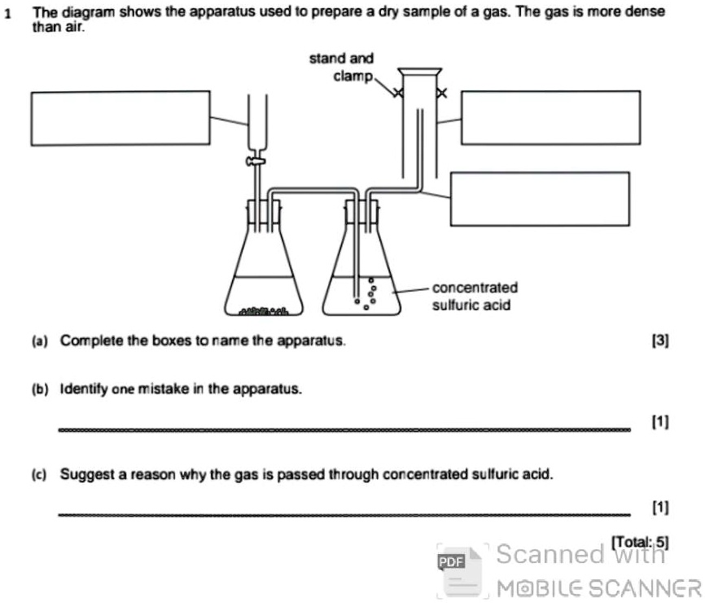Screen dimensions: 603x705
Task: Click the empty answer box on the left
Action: click(x=120, y=118)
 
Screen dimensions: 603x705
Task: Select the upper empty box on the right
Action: click(x=550, y=118)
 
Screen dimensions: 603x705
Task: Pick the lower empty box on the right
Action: click(x=539, y=199)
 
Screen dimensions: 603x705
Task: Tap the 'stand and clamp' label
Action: click(x=341, y=67)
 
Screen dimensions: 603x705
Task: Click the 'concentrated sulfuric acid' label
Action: click(x=474, y=297)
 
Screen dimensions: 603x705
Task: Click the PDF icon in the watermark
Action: click(x=449, y=561)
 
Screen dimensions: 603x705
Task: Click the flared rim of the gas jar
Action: click(x=419, y=72)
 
